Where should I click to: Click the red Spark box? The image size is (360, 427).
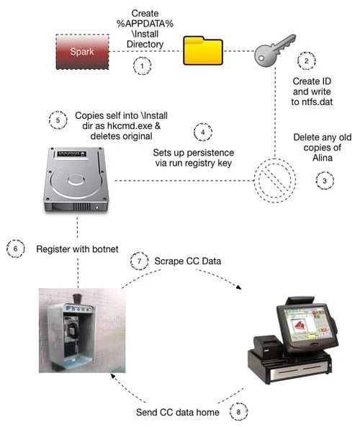coord(82,51)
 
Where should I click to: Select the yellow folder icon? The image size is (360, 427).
coord(203,50)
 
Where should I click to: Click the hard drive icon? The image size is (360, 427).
coord(76,179)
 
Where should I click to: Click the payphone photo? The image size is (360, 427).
coord(82,331)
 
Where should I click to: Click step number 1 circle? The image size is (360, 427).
coord(142,66)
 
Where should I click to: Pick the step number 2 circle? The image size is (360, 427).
coord(307,60)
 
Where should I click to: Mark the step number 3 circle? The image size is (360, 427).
coord(325,181)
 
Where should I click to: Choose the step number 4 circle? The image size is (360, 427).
coord(203,132)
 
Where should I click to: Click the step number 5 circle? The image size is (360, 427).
coord(58,120)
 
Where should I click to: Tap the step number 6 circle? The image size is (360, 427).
coord(16,248)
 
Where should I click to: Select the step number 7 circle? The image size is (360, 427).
coord(140,261)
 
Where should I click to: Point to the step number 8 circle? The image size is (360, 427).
coord(238,412)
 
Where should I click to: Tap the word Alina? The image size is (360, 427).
coord(323,158)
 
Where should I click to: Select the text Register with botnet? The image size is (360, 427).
coord(77,249)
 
